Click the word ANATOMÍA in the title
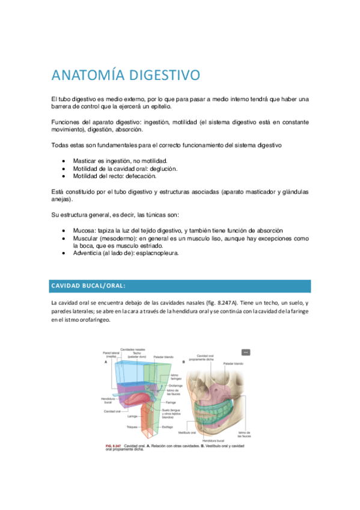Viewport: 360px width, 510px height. point(87,76)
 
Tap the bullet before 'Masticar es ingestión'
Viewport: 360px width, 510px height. point(64,162)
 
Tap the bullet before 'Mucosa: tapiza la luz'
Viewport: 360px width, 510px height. point(64,232)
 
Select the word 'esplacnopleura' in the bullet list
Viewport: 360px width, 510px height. point(156,253)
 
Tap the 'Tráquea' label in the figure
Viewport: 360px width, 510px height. point(132,427)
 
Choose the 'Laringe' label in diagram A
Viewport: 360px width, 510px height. point(133,415)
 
